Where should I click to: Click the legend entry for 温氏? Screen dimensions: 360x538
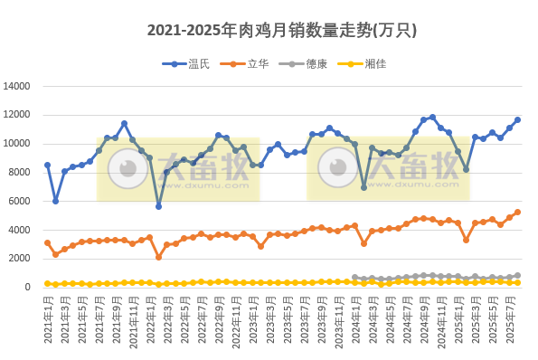(197, 63)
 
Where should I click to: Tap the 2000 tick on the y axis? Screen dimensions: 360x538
(21, 259)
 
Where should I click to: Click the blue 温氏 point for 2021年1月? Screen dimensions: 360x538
(47, 166)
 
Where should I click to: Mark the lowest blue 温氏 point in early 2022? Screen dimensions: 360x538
(158, 206)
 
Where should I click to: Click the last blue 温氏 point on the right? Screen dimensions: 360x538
(518, 119)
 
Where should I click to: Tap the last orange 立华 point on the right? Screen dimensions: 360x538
(518, 213)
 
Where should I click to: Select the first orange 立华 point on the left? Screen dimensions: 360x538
(47, 242)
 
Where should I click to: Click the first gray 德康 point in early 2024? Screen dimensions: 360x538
(354, 277)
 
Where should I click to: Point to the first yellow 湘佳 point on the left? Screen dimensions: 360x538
(47, 283)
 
